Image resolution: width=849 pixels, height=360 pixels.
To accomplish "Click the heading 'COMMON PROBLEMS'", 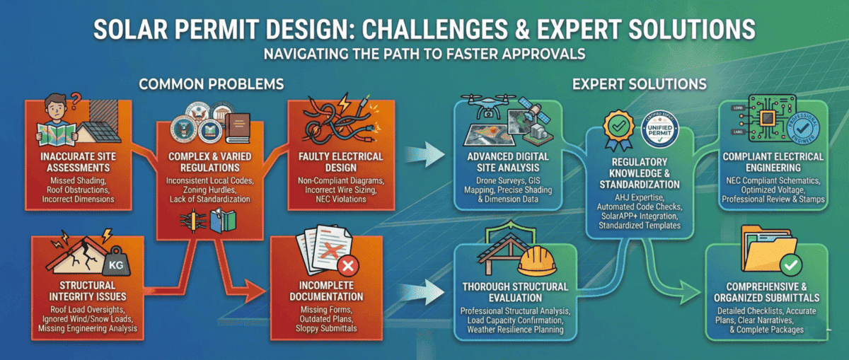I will (x=212, y=84).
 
